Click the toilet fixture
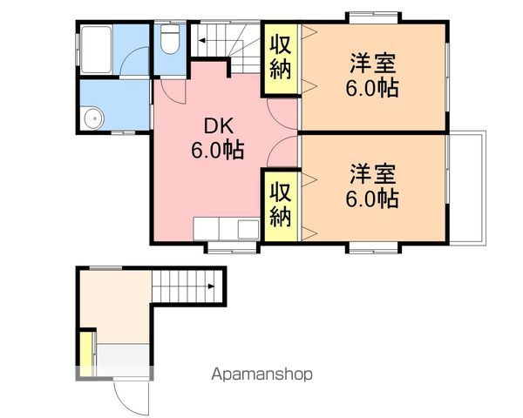click(170, 38)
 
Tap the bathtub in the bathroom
click(97, 50)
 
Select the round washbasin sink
click(94, 118)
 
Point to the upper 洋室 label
click(373, 64)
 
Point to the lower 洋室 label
click(373, 173)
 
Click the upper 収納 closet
click(280, 58)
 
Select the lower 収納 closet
click(280, 206)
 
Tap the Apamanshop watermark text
click(262, 374)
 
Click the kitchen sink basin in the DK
click(248, 229)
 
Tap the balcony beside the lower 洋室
click(467, 188)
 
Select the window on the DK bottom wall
click(232, 247)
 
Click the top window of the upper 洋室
click(373, 17)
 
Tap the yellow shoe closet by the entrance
click(86, 353)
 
